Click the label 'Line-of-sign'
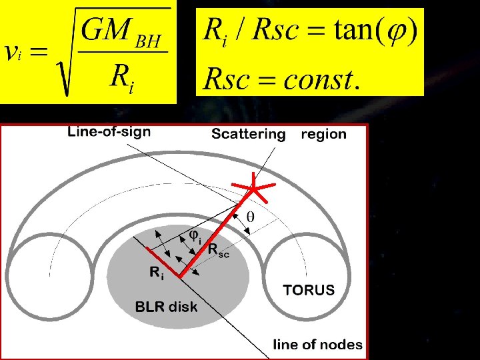coord(109,132)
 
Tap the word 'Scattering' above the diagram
coord(248,134)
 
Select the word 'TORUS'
coord(309,291)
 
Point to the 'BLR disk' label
coord(166,307)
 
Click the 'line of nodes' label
coord(318,345)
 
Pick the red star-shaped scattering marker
coord(254,189)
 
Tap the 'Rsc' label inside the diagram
coord(219,251)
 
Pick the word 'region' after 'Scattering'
coord(323,134)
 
